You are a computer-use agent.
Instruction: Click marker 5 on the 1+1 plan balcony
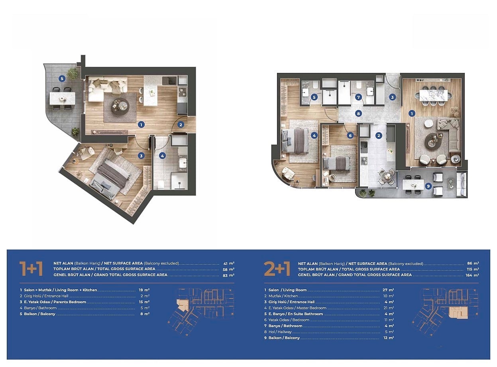coord(62,79)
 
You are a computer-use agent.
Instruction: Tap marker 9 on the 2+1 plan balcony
coord(428,186)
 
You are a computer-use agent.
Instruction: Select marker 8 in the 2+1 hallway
coord(358,114)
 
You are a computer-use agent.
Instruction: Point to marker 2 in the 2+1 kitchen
coord(379,135)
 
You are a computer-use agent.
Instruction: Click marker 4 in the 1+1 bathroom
coord(162,156)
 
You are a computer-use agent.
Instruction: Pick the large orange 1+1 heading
coord(31,269)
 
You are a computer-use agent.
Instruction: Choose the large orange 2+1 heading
coord(277,269)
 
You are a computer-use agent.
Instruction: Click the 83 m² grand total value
coord(228,275)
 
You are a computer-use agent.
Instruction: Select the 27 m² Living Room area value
coord(388,290)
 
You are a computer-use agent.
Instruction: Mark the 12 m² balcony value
coord(389,338)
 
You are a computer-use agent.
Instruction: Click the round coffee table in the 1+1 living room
coord(120,107)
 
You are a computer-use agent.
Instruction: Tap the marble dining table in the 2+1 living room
coord(433,96)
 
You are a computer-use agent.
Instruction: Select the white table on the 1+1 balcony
coord(62,98)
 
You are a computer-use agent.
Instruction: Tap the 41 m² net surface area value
coord(229,263)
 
